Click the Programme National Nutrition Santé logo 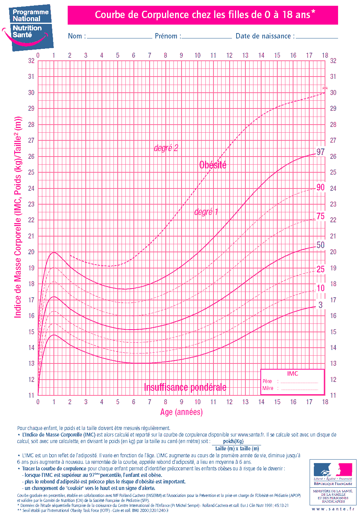[x=29, y=27]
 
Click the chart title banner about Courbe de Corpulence [x=203, y=15]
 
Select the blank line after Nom [x=120, y=37]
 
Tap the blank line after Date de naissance [x=317, y=37]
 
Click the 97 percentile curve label [x=320, y=152]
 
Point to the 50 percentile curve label [x=320, y=245]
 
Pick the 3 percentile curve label [x=320, y=305]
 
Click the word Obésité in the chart [x=213, y=165]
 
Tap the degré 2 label [x=166, y=148]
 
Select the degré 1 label [x=206, y=212]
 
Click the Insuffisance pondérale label [x=185, y=387]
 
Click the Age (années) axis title [x=182, y=412]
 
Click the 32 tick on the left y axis [x=31, y=61]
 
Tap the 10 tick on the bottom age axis [x=197, y=402]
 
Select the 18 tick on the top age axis [x=325, y=55]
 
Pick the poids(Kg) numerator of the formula [x=233, y=442]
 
